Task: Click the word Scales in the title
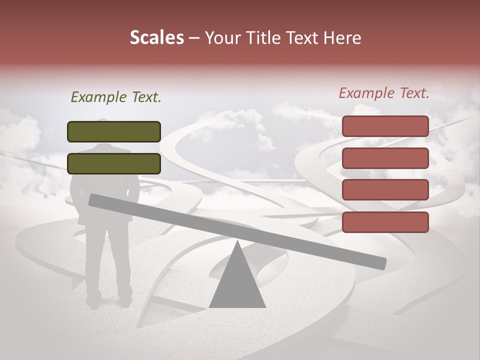[156, 38]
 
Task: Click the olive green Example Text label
[116, 97]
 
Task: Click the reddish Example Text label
[384, 93]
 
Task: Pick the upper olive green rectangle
[114, 131]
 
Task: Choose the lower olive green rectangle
[114, 163]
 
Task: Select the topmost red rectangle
[385, 126]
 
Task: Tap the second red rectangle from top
[385, 158]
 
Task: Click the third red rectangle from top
[385, 190]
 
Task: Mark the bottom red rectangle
[385, 222]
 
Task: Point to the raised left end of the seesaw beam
[93, 200]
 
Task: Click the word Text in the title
[304, 38]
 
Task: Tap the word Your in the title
[221, 38]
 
